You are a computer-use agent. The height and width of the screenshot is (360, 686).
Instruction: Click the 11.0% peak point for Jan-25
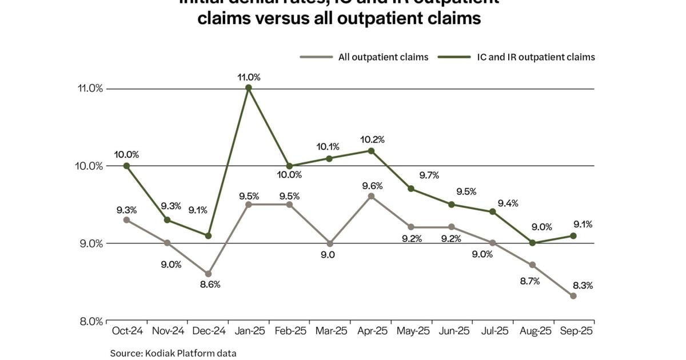pyautogui.click(x=249, y=87)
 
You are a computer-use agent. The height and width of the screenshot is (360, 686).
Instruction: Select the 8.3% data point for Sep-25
pyautogui.click(x=573, y=295)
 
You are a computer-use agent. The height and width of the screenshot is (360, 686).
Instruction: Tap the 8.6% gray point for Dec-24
pyautogui.click(x=208, y=274)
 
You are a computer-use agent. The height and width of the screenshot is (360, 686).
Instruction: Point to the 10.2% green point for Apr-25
pyautogui.click(x=370, y=151)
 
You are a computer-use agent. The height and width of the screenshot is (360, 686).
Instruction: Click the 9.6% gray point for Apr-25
pyautogui.click(x=370, y=196)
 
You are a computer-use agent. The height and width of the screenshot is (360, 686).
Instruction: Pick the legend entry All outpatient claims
pyautogui.click(x=364, y=57)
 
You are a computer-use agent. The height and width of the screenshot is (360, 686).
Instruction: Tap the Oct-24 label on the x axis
pyautogui.click(x=126, y=331)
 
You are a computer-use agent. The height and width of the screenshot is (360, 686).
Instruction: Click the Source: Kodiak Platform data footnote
pyautogui.click(x=173, y=353)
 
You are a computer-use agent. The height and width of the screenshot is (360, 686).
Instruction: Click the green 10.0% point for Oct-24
pyautogui.click(x=126, y=166)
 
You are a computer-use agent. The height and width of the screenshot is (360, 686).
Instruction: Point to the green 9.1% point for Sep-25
pyautogui.click(x=573, y=235)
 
